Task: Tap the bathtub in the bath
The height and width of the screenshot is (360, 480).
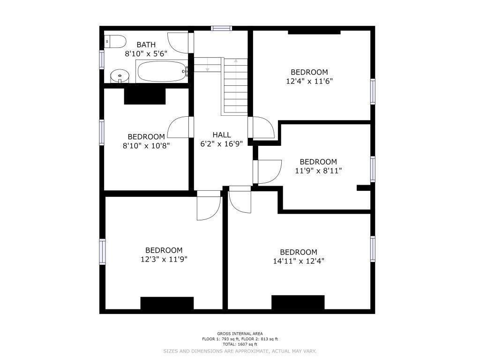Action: (x=162, y=71)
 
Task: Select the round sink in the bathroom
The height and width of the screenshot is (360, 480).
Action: (x=120, y=76)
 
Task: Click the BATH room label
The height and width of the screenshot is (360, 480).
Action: (x=146, y=45)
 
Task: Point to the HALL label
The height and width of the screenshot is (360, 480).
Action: (x=222, y=135)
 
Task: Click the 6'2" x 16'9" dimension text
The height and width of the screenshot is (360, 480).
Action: (x=222, y=143)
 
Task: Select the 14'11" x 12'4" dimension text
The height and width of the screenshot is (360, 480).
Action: (x=299, y=261)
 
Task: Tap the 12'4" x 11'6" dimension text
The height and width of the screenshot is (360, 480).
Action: (x=309, y=81)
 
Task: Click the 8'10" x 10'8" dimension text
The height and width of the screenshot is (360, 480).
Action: (x=146, y=146)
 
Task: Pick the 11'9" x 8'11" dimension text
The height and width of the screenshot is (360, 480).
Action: (x=318, y=171)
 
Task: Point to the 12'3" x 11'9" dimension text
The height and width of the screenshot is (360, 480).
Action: (x=164, y=259)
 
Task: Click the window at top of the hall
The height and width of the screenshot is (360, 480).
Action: (x=221, y=29)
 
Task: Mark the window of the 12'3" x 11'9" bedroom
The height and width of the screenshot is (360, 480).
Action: (x=102, y=252)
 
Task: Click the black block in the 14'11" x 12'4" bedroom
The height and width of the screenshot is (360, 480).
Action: (x=298, y=302)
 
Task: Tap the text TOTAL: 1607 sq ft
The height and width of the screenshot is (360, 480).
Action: (x=240, y=345)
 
